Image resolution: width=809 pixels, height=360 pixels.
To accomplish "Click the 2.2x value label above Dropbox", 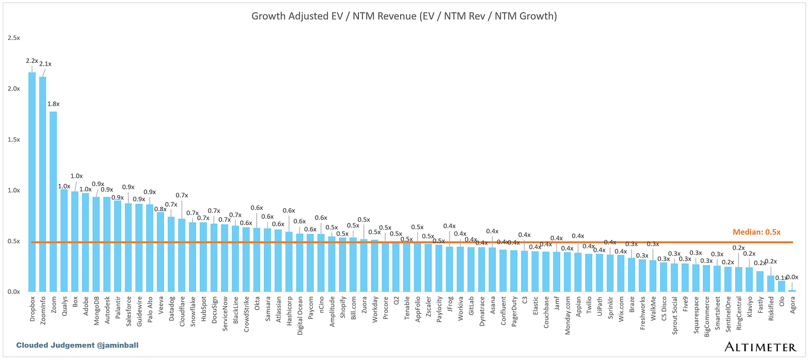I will pos(31,60).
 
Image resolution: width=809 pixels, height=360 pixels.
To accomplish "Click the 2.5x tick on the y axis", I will pos(14,38).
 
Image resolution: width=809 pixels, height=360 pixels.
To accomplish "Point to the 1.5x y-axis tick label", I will pos(14,139).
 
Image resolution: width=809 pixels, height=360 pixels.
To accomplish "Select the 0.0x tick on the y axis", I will pos(14,292).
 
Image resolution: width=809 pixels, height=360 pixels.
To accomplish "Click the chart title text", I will pos(404,16).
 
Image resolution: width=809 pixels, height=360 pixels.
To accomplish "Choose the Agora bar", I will pos(792,290).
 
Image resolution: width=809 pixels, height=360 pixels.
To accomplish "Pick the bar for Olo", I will pos(781,286).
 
